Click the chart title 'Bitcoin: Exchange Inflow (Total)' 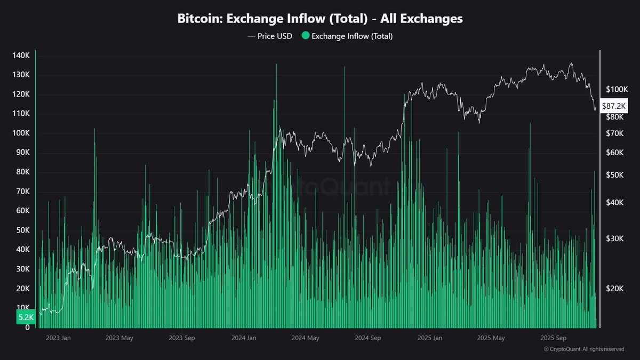320,19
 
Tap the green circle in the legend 305,36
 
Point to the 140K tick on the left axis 21,55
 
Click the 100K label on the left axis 21,133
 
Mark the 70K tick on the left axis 21,191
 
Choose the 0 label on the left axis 27,327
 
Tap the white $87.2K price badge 614,106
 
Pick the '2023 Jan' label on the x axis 58,338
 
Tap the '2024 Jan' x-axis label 245,338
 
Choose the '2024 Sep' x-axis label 368,338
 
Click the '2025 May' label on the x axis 491,338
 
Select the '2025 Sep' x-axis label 553,338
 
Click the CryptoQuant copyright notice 583,349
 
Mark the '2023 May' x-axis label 119,338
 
